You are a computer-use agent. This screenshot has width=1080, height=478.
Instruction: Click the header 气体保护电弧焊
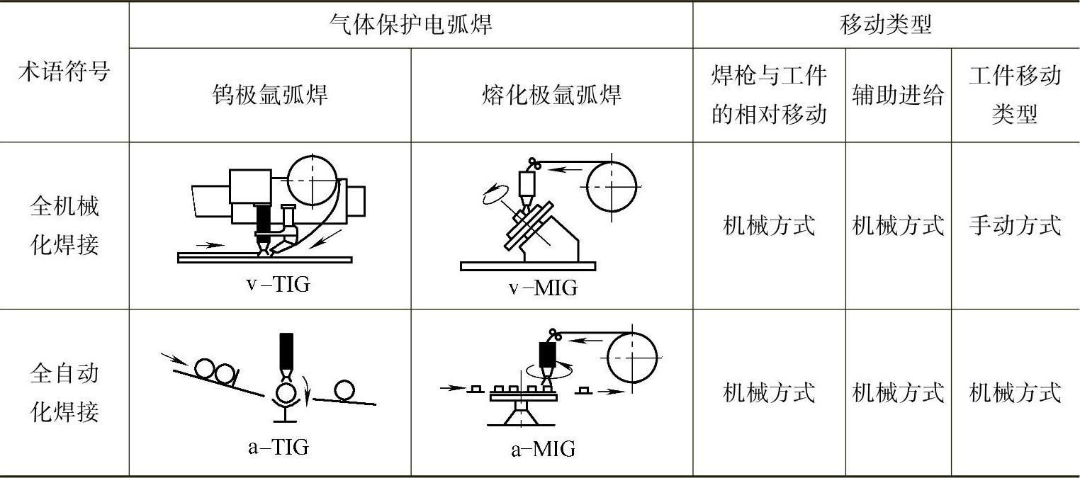[x=410, y=25]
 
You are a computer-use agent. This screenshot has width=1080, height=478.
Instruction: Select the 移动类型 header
[x=886, y=25]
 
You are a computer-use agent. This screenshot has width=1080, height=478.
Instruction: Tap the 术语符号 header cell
[x=64, y=72]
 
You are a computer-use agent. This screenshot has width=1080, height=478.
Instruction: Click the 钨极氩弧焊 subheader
[x=270, y=94]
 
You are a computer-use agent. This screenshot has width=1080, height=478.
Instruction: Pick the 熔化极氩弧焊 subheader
[x=551, y=94]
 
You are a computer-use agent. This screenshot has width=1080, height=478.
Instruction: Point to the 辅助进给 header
[x=898, y=94]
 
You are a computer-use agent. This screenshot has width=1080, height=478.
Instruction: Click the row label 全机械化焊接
[x=64, y=226]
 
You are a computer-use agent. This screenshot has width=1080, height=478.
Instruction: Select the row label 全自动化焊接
[x=64, y=392]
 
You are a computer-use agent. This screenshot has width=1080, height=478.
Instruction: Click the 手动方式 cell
[x=1015, y=226]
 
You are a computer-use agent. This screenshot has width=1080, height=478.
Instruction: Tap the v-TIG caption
[x=278, y=285]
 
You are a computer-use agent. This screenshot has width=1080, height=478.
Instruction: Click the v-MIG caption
[x=543, y=288]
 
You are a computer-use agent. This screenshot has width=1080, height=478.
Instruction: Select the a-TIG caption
[x=279, y=447]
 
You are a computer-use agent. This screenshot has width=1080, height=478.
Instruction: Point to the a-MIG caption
[x=543, y=449]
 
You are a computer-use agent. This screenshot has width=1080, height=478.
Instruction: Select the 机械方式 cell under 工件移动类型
[x=1015, y=392]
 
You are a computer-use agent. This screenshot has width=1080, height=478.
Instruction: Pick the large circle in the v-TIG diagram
[x=313, y=178]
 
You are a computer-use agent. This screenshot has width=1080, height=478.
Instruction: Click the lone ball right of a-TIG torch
[x=344, y=390]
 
